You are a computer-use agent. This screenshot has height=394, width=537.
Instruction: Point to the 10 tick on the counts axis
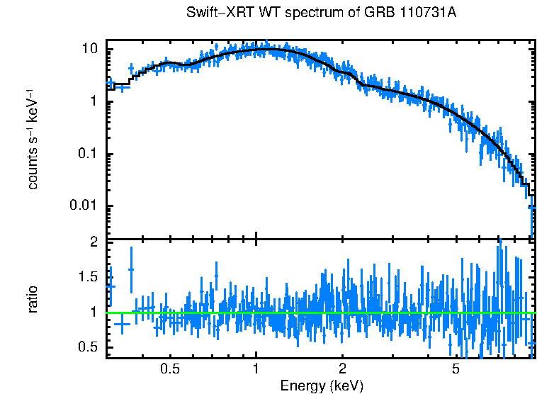coord(90,49)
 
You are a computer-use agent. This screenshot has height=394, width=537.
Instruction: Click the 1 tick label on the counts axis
coord(94,101)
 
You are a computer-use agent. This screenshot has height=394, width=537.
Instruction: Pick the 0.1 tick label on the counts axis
coord(88,154)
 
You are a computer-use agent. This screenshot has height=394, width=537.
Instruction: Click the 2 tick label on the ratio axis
coord(94,242)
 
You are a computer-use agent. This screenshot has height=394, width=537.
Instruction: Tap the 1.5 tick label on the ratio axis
coord(88,276)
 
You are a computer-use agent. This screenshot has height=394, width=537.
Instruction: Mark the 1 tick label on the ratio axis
coord(94,311)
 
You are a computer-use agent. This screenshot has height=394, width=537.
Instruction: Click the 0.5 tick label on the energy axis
coord(170,369)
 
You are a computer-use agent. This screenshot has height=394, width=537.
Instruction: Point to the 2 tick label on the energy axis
coord(342,369)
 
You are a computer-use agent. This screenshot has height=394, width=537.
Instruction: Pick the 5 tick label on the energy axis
coord(456,369)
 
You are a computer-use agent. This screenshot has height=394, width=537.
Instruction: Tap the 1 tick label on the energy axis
coord(256,369)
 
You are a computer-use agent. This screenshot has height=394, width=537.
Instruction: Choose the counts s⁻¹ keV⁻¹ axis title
coord(33,140)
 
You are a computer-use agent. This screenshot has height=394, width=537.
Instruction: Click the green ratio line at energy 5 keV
coord(456,313)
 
